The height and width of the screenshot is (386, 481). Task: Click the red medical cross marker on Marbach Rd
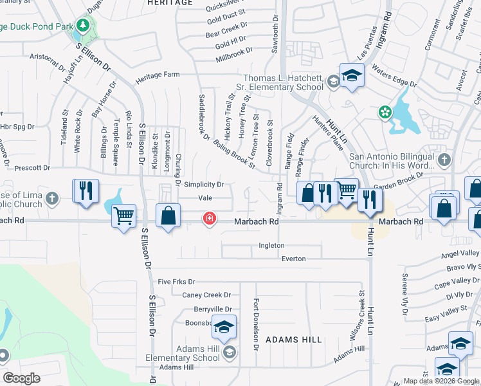click(x=209, y=219)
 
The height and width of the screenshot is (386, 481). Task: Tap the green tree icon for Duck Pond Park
click(x=82, y=26)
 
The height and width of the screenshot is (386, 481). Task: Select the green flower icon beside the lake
click(x=385, y=113)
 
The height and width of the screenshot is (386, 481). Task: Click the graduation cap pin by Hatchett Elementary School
click(x=352, y=77)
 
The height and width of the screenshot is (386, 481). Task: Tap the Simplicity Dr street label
click(x=203, y=185)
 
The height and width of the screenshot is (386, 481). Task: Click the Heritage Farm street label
click(x=158, y=75)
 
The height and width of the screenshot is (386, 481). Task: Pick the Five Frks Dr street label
click(x=176, y=282)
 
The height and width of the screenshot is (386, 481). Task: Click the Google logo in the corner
click(x=21, y=378)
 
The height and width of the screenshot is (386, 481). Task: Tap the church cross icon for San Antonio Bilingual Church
click(x=443, y=158)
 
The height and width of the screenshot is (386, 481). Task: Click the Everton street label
click(x=293, y=259)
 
